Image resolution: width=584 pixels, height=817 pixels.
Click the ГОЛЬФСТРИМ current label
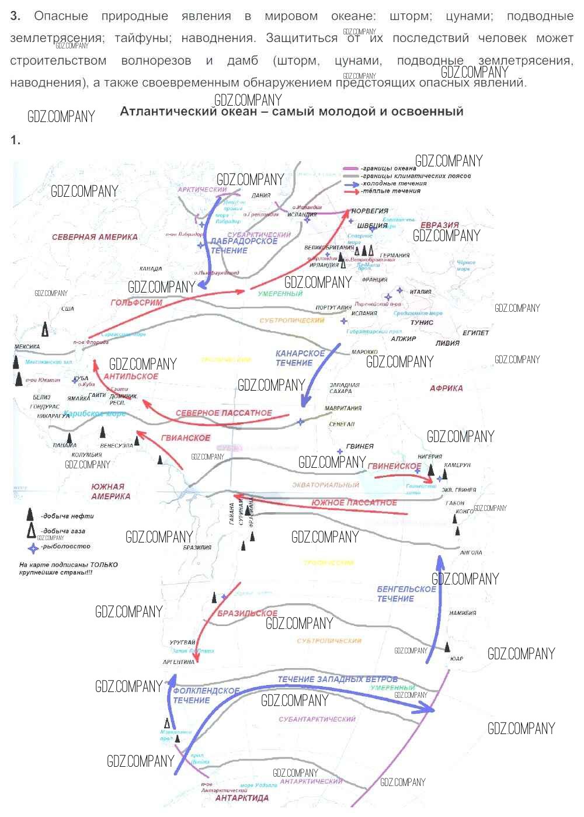click(137, 303)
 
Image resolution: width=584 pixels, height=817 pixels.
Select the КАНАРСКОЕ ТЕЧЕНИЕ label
click(300, 358)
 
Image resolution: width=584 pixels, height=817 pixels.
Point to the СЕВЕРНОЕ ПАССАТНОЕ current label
click(224, 413)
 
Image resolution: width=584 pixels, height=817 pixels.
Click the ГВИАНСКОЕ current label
click(186, 437)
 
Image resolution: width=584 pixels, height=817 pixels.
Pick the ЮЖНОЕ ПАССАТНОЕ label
click(354, 502)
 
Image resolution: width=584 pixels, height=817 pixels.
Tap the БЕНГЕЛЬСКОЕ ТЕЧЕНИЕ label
click(406, 593)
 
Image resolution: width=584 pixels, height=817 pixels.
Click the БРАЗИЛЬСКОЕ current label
click(248, 613)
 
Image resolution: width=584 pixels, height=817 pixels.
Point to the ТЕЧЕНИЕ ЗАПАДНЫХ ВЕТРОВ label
click(338, 679)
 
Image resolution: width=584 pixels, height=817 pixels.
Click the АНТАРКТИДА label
click(242, 798)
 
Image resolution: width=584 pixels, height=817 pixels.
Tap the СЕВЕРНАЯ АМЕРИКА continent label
click(95, 237)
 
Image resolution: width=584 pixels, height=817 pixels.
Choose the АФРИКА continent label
click(446, 388)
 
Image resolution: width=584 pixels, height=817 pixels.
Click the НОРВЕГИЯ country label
click(370, 211)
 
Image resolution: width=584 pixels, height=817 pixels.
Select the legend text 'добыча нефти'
click(67, 516)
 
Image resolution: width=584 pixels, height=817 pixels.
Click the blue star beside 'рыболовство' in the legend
click(33, 548)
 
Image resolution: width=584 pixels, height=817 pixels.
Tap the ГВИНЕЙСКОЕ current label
click(394, 466)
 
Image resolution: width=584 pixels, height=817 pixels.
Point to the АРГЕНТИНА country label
click(179, 662)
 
